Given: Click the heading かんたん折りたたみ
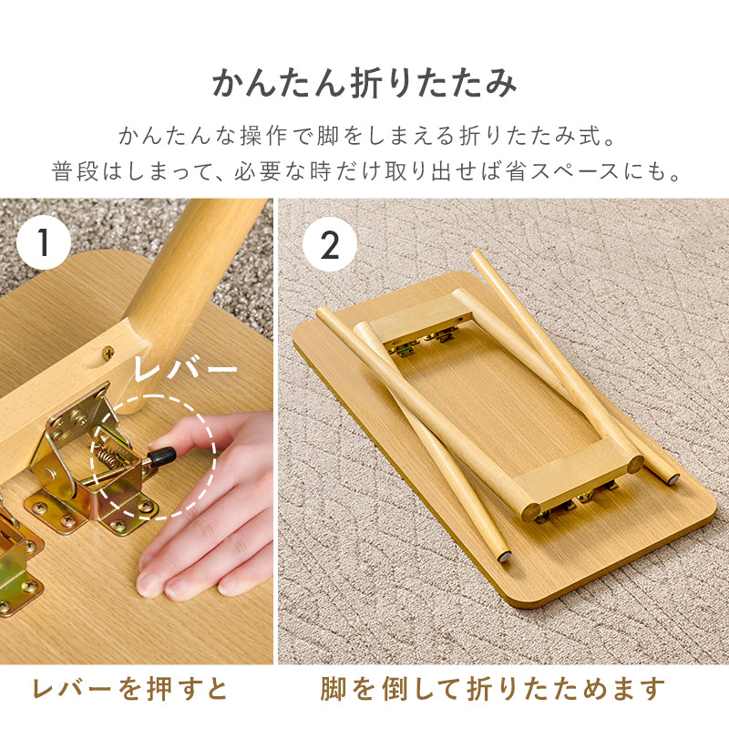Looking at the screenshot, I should pos(364,83).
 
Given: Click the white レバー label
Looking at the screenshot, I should pos(185,370).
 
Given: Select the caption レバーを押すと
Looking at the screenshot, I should pos(130,689).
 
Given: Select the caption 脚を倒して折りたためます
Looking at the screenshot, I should pos(493,689).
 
